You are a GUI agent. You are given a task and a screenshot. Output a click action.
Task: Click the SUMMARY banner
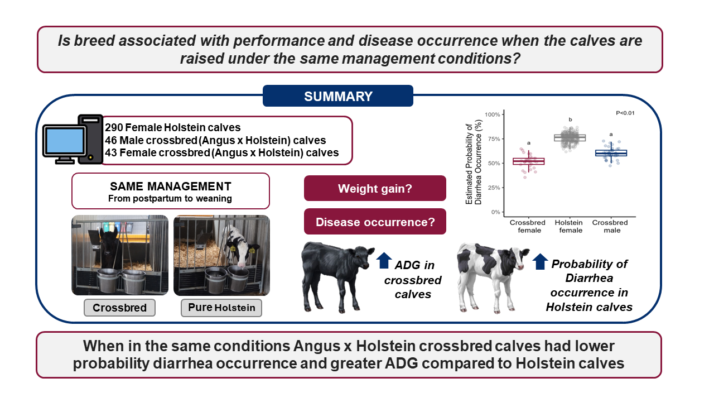(338, 95)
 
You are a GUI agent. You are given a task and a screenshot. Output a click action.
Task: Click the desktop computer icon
(73, 140)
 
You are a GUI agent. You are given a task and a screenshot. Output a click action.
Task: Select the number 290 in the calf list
(114, 128)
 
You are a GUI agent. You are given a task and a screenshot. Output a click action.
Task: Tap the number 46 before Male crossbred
(111, 140)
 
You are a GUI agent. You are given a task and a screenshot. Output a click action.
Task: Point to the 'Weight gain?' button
(375, 188)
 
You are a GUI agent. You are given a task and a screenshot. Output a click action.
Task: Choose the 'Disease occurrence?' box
(375, 222)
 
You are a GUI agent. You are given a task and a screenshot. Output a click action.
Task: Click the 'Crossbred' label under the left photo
(119, 308)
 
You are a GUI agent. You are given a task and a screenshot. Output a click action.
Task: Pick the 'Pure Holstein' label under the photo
(221, 308)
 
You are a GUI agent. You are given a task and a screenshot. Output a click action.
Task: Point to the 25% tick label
(494, 188)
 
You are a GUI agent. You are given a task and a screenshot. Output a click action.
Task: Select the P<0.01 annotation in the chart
(625, 113)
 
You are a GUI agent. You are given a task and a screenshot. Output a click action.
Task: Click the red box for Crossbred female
(528, 161)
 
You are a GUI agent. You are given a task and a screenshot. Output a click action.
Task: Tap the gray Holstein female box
(570, 138)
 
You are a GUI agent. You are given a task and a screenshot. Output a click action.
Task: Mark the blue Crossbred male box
(611, 153)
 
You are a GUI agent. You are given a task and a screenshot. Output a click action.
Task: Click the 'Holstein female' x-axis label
(570, 226)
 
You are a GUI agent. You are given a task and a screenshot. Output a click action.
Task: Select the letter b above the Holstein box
(570, 119)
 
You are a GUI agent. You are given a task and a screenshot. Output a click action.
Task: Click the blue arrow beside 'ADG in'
(384, 260)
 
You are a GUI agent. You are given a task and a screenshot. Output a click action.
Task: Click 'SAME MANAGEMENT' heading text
(171, 186)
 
